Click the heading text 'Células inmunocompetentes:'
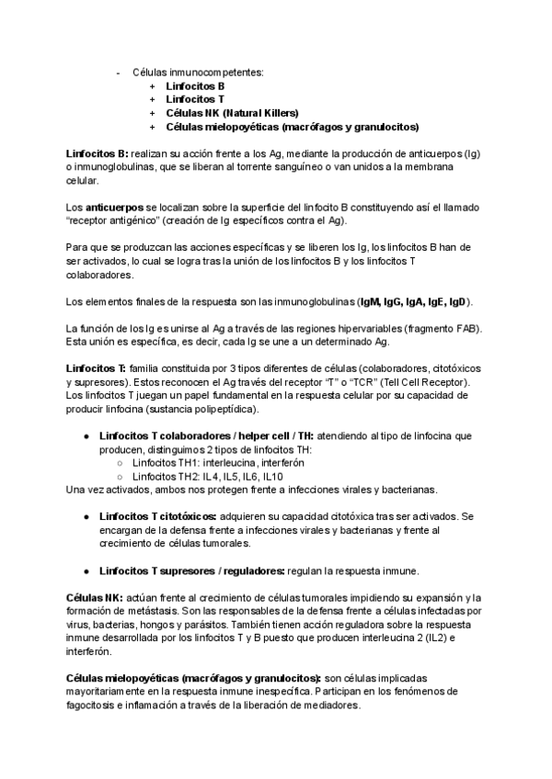point(198,71)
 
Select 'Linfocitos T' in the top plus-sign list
point(195,98)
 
